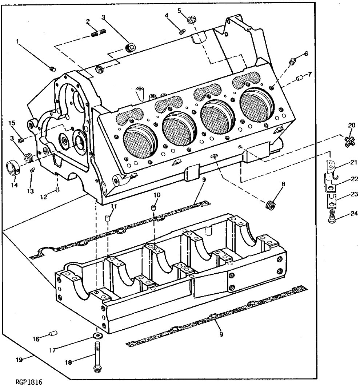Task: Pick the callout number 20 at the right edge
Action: [x=351, y=125]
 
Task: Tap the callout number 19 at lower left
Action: [x=19, y=360]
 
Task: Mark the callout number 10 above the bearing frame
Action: [x=156, y=195]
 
